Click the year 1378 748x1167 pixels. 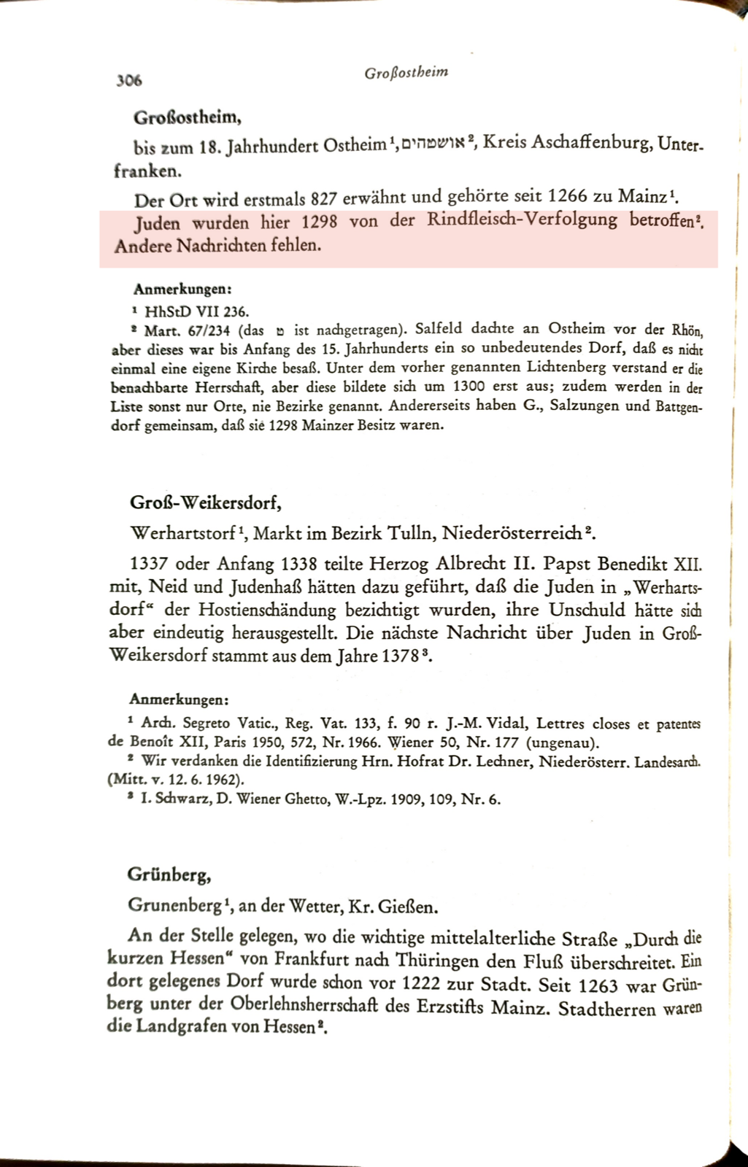coord(404,656)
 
